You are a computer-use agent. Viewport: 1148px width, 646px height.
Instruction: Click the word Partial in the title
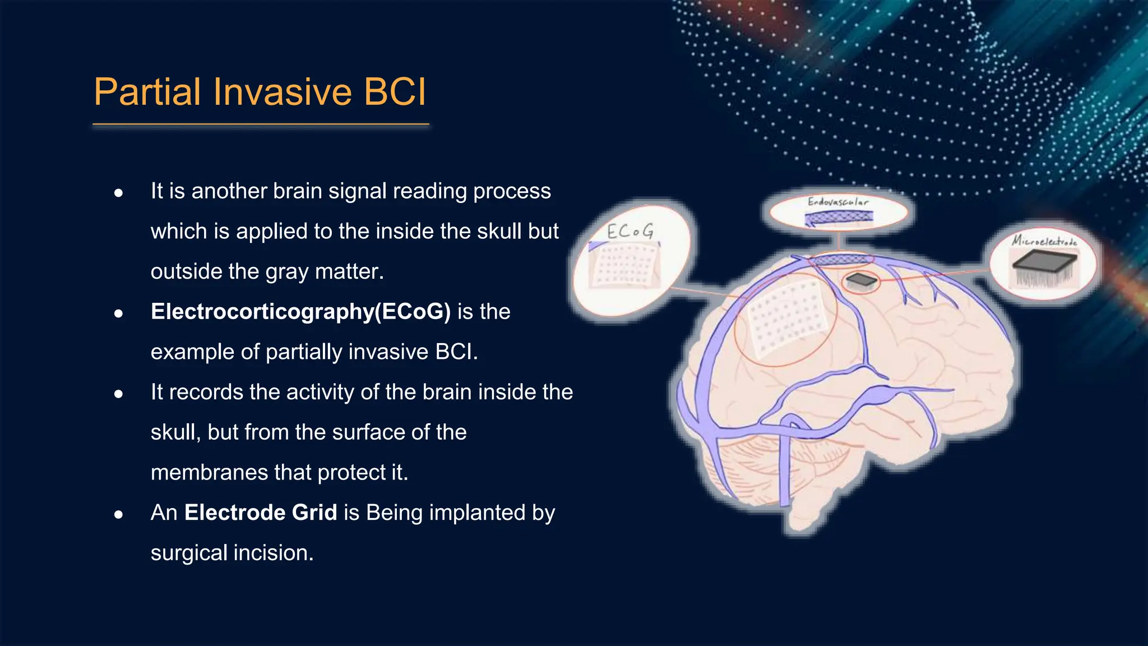tap(147, 92)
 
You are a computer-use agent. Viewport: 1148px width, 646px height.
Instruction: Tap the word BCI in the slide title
tap(395, 92)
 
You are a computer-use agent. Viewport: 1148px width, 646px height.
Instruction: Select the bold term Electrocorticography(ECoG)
tap(300, 312)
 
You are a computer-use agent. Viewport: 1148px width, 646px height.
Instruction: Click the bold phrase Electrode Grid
tap(261, 513)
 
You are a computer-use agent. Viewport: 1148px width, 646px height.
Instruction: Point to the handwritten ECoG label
tap(630, 231)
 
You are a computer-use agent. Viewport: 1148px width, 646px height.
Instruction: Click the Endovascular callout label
tap(838, 202)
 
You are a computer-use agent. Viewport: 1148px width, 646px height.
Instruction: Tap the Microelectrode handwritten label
tap(1044, 241)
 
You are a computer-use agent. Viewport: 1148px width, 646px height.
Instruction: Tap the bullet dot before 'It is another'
tap(118, 193)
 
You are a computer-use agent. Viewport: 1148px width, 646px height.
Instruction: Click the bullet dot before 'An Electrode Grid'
tap(118, 514)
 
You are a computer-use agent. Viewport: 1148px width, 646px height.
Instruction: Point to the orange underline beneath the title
tap(261, 124)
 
